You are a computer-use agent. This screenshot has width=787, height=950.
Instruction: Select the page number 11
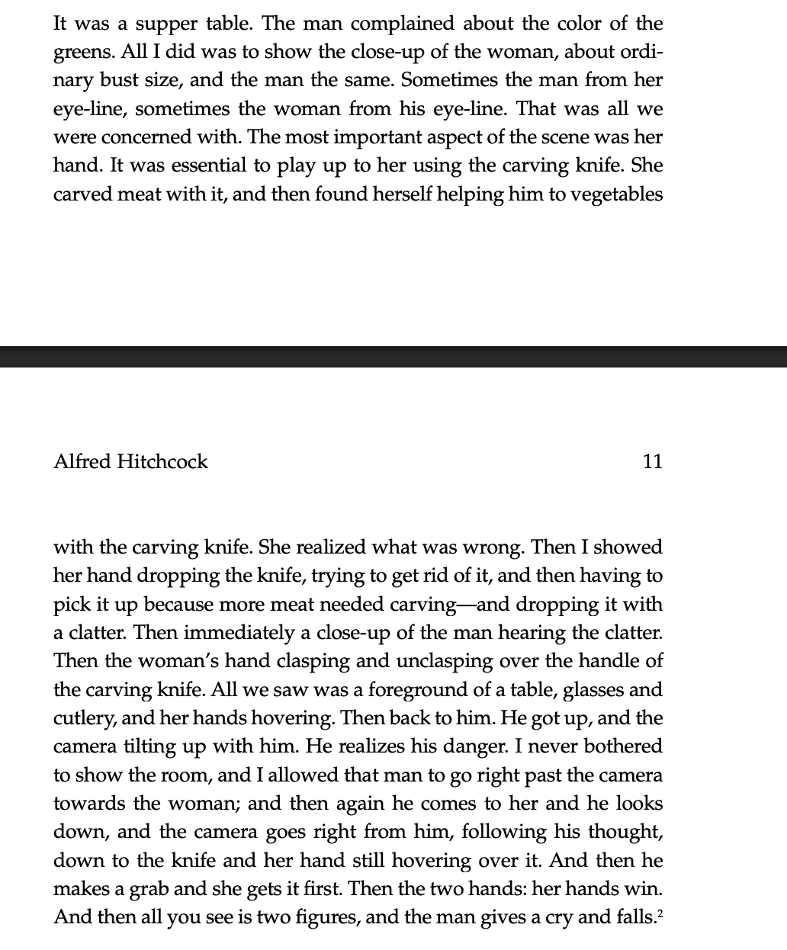click(653, 461)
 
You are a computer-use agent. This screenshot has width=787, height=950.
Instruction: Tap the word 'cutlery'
click(81, 719)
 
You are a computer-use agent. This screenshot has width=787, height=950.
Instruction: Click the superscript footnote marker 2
click(660, 913)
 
